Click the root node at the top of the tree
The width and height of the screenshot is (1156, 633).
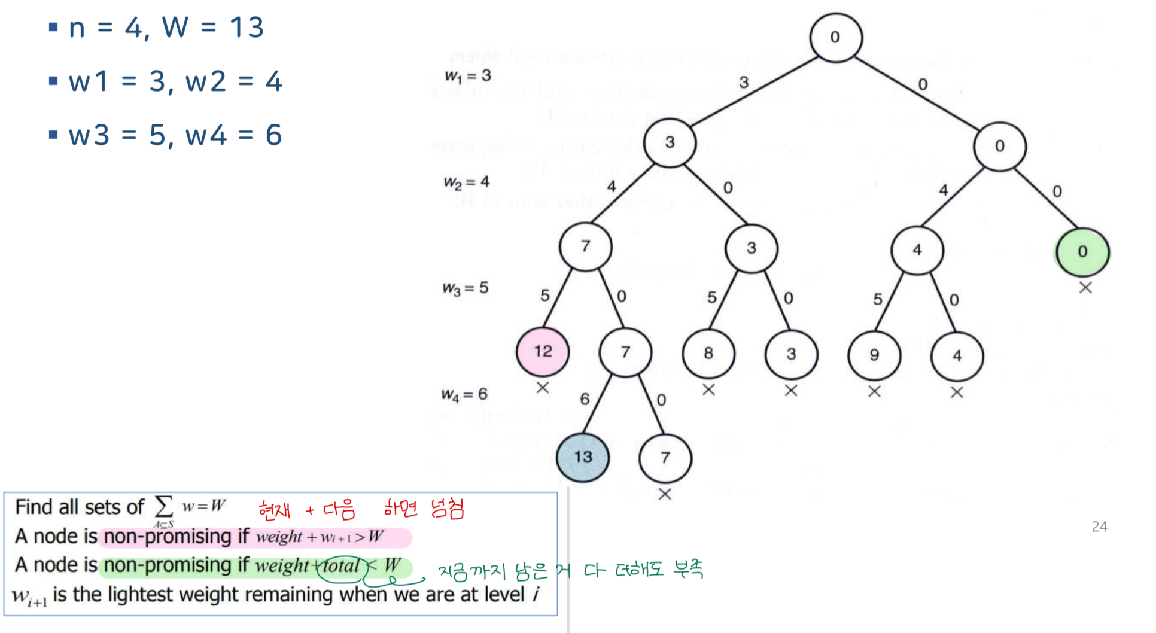(835, 37)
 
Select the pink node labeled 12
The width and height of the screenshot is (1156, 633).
(543, 351)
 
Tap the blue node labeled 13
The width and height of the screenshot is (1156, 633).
(583, 457)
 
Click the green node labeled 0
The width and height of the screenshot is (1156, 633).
(1082, 252)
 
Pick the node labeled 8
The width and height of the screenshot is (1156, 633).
(708, 353)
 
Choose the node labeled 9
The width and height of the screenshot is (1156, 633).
(874, 355)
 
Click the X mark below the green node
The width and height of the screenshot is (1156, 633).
(1085, 288)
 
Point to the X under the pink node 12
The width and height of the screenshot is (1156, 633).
(543, 388)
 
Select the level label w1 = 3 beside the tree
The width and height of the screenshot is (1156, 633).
(467, 76)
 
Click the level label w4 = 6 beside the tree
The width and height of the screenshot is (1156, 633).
(464, 394)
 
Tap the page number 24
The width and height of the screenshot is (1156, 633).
(1099, 527)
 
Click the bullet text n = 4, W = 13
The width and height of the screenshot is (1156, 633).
(166, 28)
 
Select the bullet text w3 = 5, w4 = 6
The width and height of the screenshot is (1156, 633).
(175, 136)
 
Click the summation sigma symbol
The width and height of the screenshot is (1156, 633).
(163, 507)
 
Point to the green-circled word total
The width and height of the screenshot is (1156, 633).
(340, 566)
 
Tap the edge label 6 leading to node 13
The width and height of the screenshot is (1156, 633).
(585, 399)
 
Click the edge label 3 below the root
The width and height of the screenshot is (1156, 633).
(744, 83)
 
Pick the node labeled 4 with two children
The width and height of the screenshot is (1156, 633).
(917, 250)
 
